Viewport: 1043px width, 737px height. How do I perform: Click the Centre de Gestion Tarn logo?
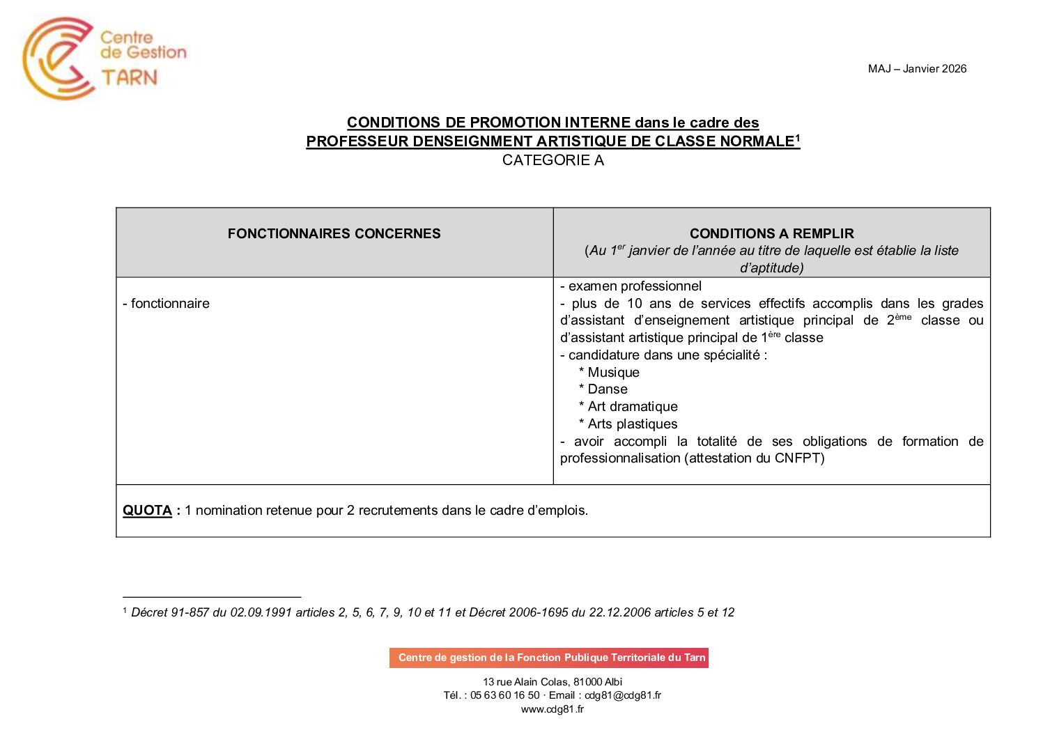tap(105, 59)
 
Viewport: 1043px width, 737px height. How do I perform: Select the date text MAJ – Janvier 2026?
tap(917, 68)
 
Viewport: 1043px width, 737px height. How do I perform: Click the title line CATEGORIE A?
tap(553, 160)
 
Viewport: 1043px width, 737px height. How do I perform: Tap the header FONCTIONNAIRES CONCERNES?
tap(334, 234)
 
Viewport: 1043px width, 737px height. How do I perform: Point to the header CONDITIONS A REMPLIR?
tap(771, 234)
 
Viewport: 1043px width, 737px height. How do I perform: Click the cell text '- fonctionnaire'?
tap(166, 304)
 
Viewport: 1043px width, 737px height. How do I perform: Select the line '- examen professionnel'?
tap(631, 286)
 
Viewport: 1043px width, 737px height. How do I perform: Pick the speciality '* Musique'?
tap(609, 373)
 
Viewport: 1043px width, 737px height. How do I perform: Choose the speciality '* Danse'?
tap(603, 389)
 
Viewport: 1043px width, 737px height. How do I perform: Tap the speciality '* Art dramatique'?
tap(628, 407)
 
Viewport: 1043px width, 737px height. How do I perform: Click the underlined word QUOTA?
tap(147, 511)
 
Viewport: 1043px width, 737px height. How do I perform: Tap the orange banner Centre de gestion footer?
tap(549, 658)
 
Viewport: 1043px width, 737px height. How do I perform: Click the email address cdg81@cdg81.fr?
tap(622, 695)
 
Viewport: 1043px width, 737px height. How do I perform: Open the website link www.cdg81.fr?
tap(553, 709)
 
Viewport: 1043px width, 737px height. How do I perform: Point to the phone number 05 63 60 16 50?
tap(504, 695)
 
